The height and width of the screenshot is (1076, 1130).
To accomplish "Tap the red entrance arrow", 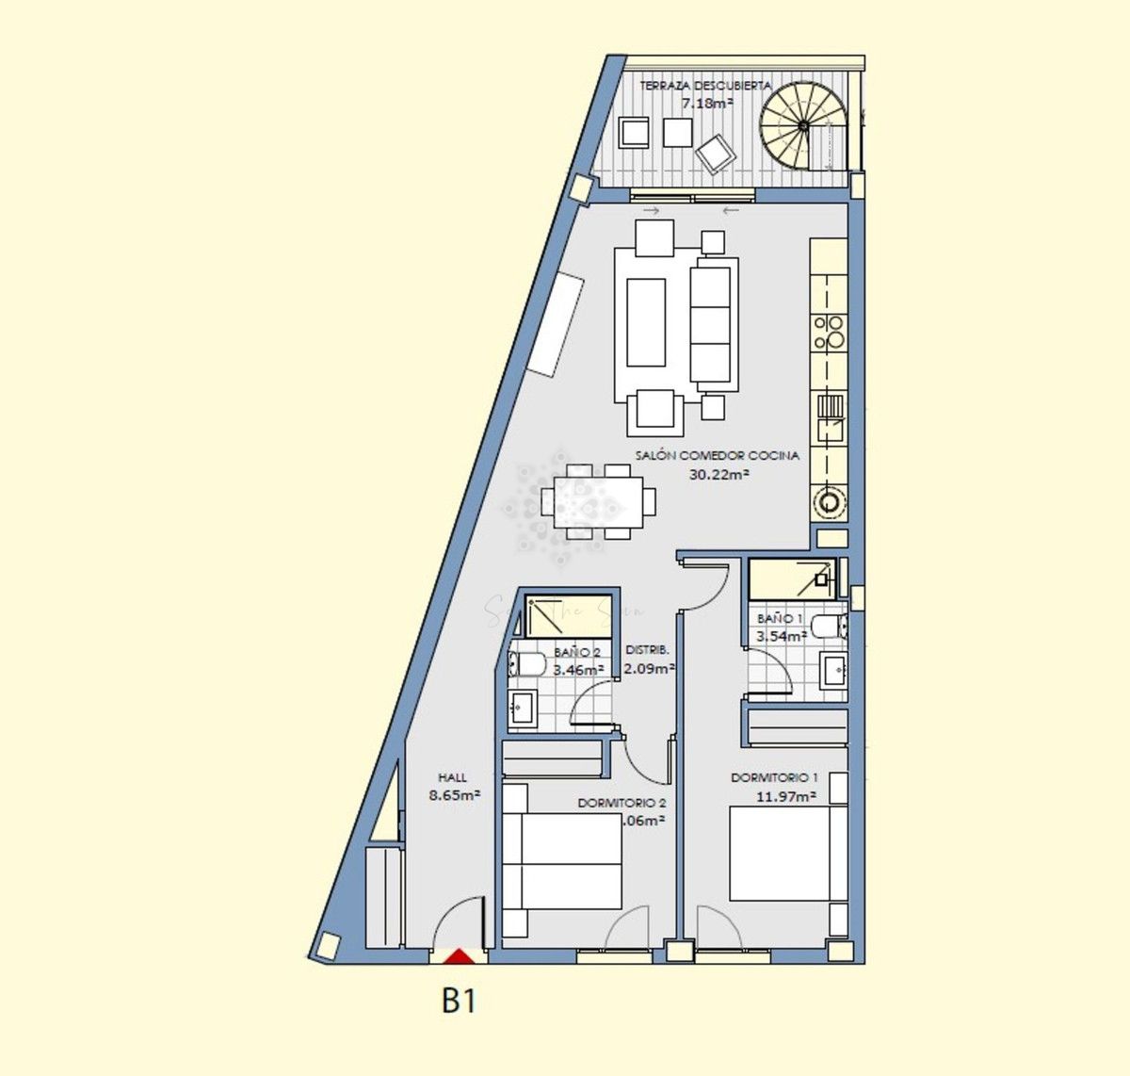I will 459,957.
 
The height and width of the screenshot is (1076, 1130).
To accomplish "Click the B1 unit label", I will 459,1001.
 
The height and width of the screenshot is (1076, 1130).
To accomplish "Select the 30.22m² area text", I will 718,475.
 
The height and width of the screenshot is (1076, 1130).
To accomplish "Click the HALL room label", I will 452,778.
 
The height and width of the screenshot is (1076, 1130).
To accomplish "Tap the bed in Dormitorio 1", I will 779,853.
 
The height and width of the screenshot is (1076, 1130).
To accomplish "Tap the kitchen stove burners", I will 830,333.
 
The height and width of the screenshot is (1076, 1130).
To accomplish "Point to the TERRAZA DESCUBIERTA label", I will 705,86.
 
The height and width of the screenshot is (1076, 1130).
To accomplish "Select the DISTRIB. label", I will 647,650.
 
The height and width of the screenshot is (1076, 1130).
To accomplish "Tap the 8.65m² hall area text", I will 455,795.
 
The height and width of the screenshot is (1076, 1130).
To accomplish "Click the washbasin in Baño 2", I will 523,705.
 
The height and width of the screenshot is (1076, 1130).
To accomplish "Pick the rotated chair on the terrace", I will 717,151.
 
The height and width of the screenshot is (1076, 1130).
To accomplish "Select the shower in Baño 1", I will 792,579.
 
